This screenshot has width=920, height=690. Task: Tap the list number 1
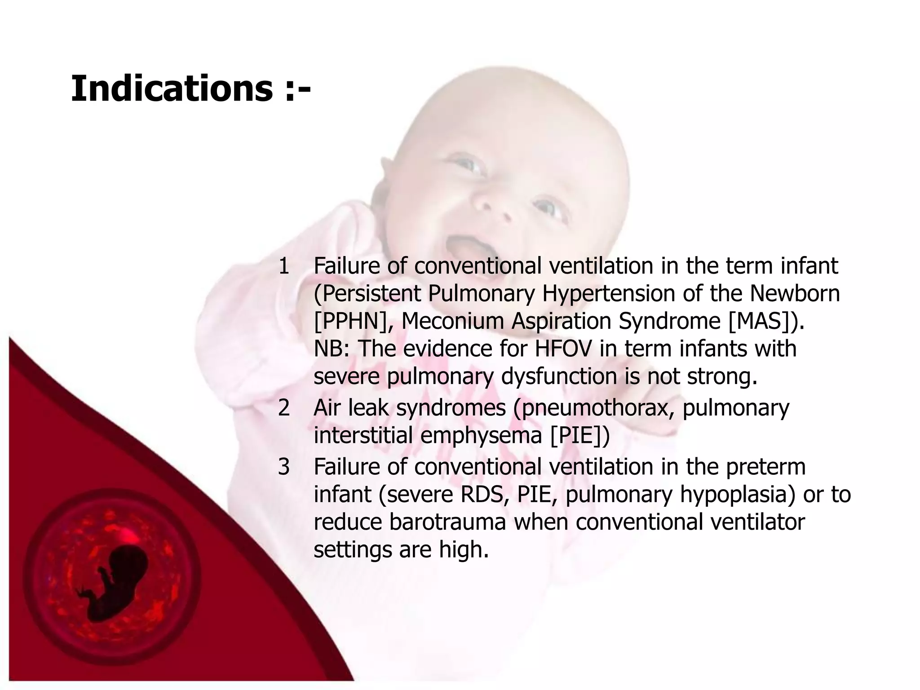coord(284,266)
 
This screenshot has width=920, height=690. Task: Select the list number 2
coord(284,408)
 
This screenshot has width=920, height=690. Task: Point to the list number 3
coord(284,467)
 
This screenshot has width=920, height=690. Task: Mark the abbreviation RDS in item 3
coord(485,495)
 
